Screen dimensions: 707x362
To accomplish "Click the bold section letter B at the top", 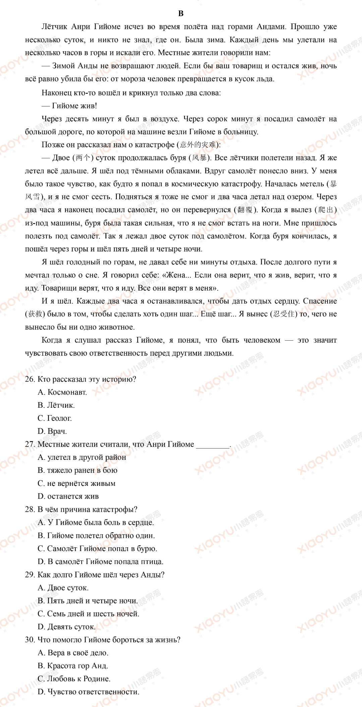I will [181, 13].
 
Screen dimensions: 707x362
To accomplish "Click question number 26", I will [30, 379].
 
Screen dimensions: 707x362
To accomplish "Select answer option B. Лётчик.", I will [56, 405].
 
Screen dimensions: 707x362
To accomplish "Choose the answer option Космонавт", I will [62, 392].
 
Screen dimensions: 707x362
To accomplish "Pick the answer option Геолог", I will [55, 418].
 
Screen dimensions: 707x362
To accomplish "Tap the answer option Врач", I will [52, 432].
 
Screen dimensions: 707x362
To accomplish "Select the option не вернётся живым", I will [76, 484].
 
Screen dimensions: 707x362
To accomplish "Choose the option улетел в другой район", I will [82, 457].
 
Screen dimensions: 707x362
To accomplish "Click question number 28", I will [30, 509].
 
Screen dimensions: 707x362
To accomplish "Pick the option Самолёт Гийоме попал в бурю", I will [97, 549].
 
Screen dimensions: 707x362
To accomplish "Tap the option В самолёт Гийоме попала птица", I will [101, 562].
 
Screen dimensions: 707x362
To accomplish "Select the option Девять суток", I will [67, 627].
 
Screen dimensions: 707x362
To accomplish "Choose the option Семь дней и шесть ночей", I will [88, 614].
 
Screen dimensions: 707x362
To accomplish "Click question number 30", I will [30, 640].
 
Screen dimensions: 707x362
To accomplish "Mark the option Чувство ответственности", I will [88, 692].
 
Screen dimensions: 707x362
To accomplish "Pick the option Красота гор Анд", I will [73, 666].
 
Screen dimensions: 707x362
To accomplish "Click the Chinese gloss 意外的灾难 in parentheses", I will [198, 145].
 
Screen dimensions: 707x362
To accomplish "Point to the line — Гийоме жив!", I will [69, 106].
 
